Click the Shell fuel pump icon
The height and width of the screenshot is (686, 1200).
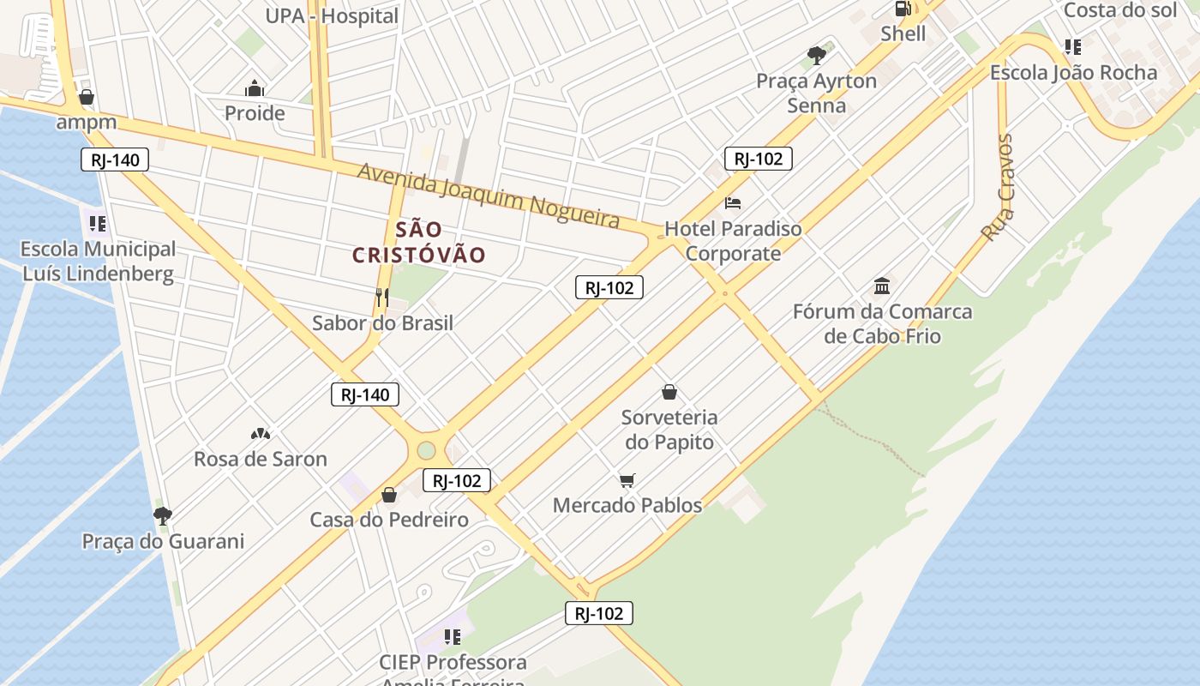[903, 9]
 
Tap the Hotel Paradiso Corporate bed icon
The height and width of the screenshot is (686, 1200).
[733, 203]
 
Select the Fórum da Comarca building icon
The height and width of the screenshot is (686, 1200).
[882, 286]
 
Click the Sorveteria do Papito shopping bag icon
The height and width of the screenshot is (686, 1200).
[669, 393]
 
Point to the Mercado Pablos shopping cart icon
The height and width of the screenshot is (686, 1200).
[627, 480]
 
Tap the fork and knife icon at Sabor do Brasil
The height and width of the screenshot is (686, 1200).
[382, 298]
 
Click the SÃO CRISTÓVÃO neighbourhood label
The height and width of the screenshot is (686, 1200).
[419, 243]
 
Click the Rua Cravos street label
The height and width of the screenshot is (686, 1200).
[998, 189]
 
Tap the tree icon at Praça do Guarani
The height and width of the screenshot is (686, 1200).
[162, 515]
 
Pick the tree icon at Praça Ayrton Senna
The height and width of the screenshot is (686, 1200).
[817, 56]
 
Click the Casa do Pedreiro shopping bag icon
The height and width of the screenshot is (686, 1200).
[389, 495]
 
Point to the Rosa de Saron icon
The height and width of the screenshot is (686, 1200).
[261, 434]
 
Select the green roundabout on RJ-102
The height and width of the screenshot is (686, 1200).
[426, 449]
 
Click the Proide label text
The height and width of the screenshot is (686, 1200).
[255, 113]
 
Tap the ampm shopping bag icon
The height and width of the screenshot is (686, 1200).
[86, 97]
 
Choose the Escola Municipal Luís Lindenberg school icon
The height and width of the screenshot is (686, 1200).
[98, 224]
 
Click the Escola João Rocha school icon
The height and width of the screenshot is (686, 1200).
[1073, 47]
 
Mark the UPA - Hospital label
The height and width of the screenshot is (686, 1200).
[332, 16]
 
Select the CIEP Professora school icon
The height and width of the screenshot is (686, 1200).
[453, 637]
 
